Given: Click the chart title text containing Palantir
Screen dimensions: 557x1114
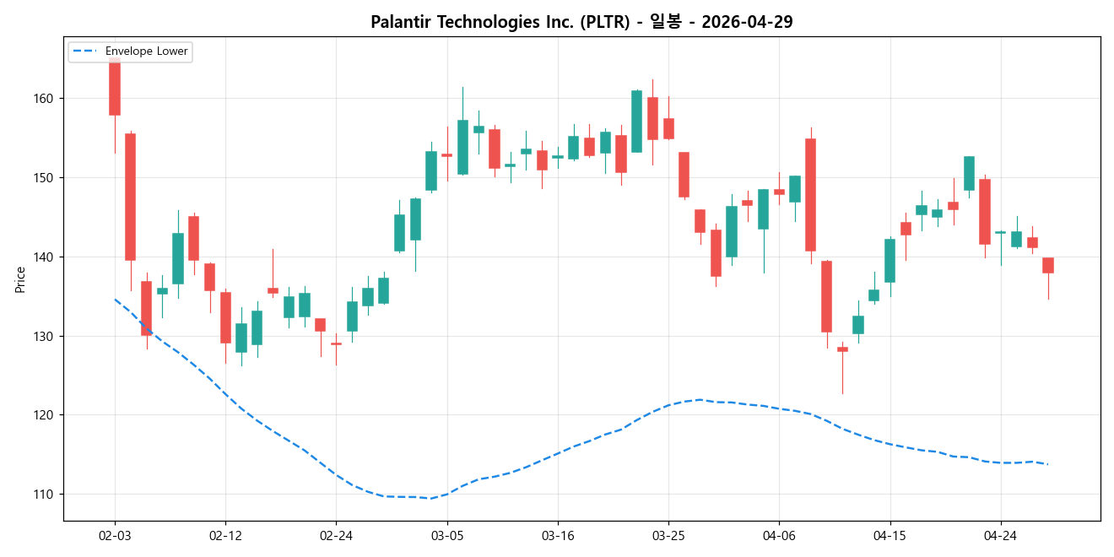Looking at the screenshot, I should (581, 22).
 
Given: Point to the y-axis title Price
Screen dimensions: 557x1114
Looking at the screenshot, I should (19, 279).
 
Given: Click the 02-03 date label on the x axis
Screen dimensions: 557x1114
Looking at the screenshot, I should (115, 535).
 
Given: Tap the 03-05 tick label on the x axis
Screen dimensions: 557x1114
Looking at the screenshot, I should (447, 535).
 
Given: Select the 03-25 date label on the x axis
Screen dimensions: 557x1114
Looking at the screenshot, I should (668, 535).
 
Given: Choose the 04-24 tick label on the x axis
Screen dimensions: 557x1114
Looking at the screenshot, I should (1001, 535).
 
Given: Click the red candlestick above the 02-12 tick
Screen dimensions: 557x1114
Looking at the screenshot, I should (225, 317).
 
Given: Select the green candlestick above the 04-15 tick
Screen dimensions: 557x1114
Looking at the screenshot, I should (890, 261).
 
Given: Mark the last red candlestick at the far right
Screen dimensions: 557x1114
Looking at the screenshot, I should (1048, 265).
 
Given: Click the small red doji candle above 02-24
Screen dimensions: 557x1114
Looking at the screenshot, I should (336, 343).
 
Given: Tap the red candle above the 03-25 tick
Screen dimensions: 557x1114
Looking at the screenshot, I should (668, 128).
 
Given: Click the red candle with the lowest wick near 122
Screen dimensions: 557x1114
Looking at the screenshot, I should (842, 349).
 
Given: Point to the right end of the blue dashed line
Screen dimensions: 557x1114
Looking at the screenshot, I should (1048, 464).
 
